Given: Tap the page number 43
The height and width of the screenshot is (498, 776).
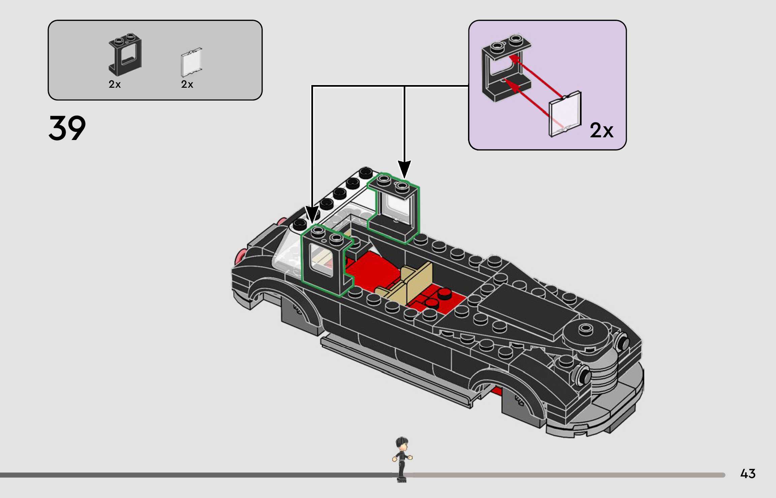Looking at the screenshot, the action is tap(748, 474).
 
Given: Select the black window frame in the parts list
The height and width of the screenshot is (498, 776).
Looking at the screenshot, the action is tap(125, 54).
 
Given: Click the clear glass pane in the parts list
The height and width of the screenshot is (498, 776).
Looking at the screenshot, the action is tap(191, 62).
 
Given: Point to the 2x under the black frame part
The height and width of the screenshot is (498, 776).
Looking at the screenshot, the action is tap(115, 84).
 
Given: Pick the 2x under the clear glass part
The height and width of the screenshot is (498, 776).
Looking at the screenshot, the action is tap(187, 84).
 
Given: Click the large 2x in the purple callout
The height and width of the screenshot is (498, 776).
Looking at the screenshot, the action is tap(601, 130).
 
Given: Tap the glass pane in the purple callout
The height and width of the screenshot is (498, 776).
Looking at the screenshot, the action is tap(565, 114).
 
